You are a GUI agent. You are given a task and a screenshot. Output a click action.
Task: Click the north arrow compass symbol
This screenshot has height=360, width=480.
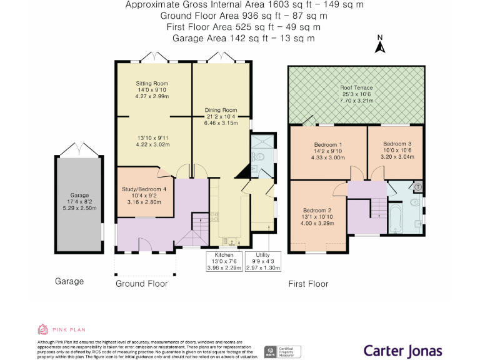click(x=379, y=45)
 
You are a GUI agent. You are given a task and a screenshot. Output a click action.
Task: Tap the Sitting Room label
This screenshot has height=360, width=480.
click(x=152, y=83)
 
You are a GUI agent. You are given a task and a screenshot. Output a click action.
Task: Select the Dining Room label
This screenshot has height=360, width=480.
click(x=221, y=110)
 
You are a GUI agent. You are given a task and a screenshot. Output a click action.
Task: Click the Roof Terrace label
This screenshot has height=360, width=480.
click(x=356, y=88)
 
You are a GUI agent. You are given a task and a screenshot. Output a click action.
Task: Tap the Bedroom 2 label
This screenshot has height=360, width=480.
click(x=317, y=210)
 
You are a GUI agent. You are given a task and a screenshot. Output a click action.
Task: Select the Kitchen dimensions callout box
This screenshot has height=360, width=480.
click(x=224, y=261)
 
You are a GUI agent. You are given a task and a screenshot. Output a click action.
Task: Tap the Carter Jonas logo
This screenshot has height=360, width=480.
click(x=403, y=351)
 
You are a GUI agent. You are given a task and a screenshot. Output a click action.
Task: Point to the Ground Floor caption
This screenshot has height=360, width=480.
click(x=141, y=283)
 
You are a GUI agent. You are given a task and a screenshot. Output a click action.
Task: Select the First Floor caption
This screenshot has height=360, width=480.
click(x=308, y=284)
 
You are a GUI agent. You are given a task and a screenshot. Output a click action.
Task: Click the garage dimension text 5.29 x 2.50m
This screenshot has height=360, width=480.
click(x=79, y=208)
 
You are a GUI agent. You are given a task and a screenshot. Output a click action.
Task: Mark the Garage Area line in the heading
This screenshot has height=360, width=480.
click(x=244, y=38)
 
